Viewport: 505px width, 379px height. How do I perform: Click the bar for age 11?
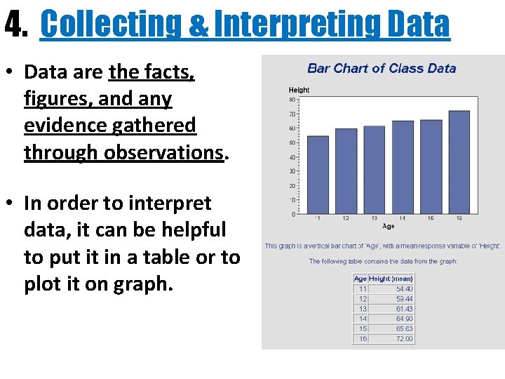[x=318, y=175]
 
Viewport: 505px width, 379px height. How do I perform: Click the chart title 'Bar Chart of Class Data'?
[x=382, y=68]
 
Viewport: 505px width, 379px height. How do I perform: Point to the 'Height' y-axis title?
[x=299, y=90]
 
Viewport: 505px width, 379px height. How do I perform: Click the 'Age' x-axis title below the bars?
[x=388, y=226]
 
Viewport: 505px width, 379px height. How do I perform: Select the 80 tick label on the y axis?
[x=292, y=100]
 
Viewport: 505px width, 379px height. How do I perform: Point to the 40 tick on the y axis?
[x=292, y=157]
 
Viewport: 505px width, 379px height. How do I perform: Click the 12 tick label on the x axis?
[x=346, y=218]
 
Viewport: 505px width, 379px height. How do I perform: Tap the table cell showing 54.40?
[x=404, y=288]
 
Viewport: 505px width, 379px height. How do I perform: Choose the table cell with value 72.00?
[x=404, y=339]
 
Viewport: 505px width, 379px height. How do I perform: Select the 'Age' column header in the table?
[x=360, y=279]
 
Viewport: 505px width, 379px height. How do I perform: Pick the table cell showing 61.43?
[x=404, y=309]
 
